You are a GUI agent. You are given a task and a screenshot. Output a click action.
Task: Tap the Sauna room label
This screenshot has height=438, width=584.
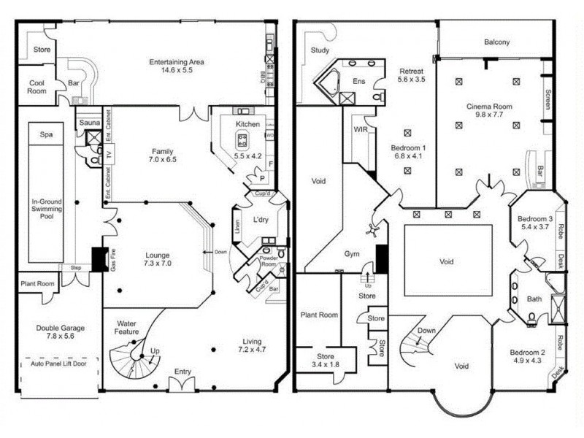(90, 123)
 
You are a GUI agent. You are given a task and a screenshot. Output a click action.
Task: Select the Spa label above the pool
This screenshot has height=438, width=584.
(46, 135)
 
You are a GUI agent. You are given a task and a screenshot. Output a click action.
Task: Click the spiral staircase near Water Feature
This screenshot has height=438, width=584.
(131, 358)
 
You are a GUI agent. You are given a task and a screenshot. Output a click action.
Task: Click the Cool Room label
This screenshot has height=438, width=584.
(37, 88)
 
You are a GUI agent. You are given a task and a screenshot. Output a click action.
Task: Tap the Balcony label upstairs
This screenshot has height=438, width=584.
(497, 42)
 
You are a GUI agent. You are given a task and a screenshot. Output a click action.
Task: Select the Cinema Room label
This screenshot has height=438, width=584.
(490, 107)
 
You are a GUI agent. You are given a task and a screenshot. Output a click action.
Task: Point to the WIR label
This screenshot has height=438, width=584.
(360, 129)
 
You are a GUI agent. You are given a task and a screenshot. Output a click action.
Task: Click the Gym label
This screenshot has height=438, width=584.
(353, 254)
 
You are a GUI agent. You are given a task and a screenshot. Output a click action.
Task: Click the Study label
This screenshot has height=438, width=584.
(320, 50)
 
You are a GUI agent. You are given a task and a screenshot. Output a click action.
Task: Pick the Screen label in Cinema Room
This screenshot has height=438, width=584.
(548, 100)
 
